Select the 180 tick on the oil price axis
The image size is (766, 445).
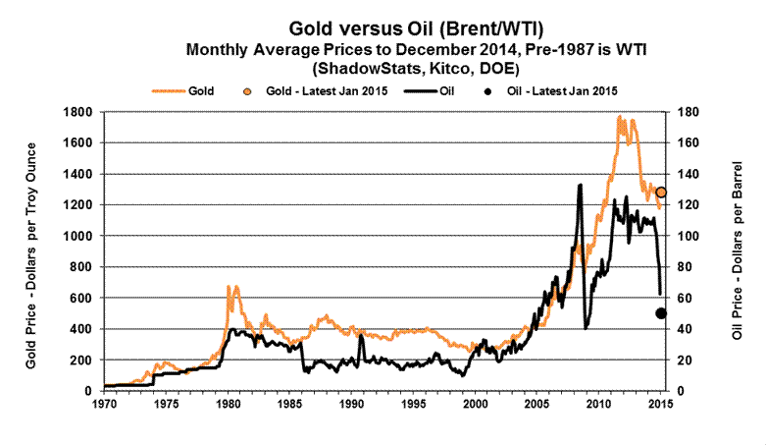coord(686,112)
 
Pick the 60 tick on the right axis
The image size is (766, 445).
coord(683,298)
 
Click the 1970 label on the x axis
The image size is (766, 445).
coord(102,404)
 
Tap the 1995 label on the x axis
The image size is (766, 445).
coord(413,404)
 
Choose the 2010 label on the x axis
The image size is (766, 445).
coord(599,404)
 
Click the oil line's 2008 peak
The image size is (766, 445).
coord(580,185)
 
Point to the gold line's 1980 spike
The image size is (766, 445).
coord(229,287)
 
